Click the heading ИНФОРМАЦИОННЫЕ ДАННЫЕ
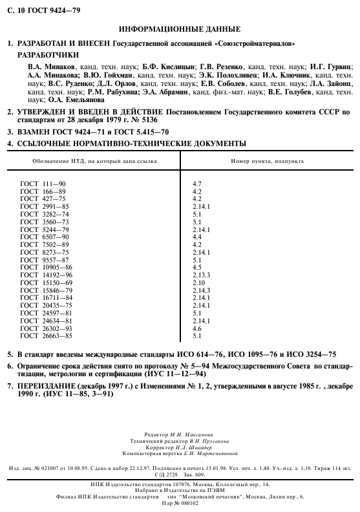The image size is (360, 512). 180,30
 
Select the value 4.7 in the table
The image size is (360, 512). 197,184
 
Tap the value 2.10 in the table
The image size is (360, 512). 198,283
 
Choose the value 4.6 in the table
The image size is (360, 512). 197,328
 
